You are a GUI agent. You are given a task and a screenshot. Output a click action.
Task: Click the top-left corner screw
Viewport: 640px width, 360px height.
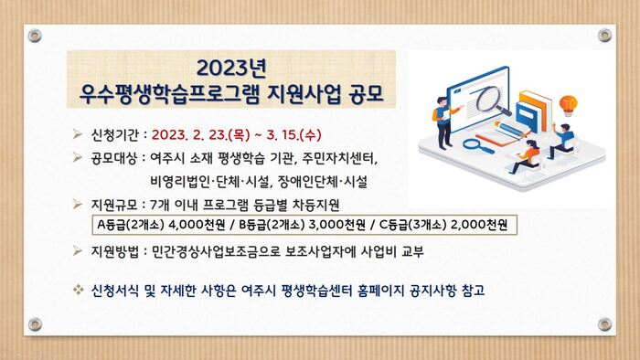point(35,35)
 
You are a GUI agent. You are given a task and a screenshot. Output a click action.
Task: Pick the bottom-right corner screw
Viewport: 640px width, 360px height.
point(604,324)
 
